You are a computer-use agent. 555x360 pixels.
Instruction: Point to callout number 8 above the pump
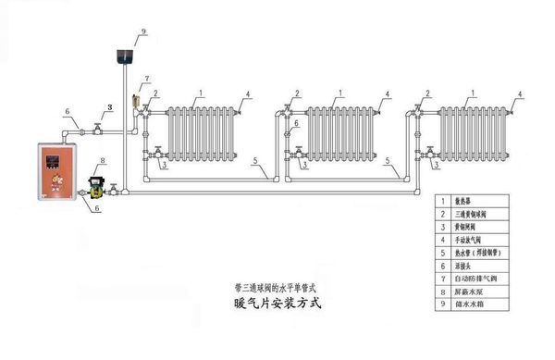tap(103, 162)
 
